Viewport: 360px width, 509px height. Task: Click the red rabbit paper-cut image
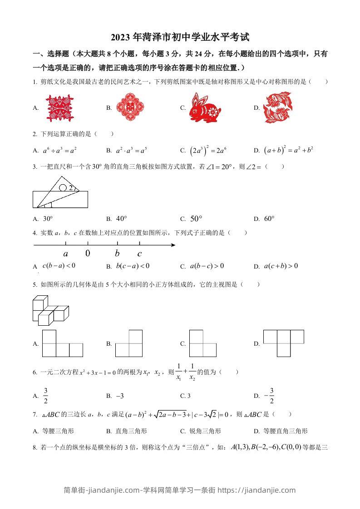click(205, 108)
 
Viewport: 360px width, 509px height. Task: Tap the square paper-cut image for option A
click(58, 108)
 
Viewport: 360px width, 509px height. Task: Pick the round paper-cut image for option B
click(130, 108)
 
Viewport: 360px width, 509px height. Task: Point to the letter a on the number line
click(66, 254)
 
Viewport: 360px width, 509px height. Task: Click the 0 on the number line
click(88, 254)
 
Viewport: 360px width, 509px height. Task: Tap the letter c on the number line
click(139, 254)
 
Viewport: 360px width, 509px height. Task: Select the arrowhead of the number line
click(173, 245)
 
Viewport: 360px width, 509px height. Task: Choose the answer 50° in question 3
click(196, 219)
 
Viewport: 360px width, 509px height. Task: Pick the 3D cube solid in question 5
click(50, 310)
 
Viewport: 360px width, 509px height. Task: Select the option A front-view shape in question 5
click(63, 343)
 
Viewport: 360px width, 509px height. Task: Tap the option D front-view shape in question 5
click(284, 343)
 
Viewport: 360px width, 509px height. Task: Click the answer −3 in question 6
click(120, 396)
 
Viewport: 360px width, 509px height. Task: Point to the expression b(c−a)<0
click(133, 266)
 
